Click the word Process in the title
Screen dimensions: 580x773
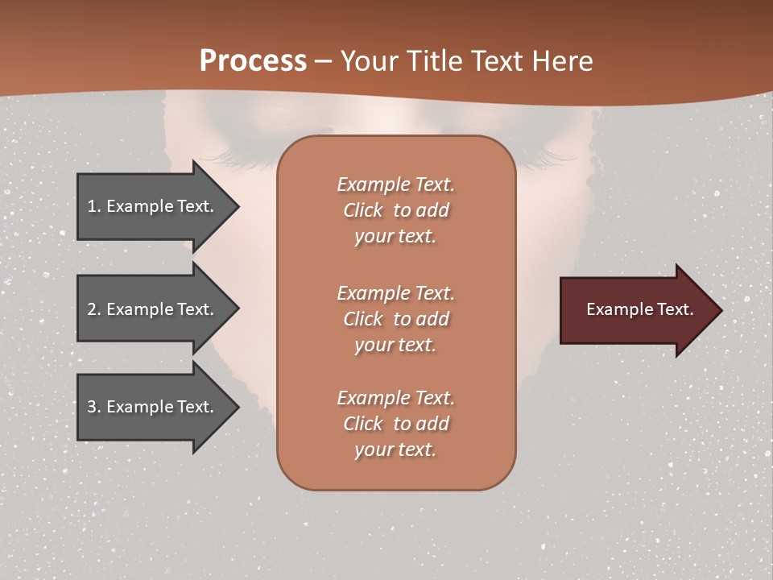(253, 60)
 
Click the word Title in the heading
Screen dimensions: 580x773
(432, 60)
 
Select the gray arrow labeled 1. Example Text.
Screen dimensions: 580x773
(153, 206)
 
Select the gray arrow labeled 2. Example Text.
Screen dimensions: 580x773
(153, 309)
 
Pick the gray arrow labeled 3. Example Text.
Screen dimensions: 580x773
(153, 407)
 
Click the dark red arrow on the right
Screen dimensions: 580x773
(636, 309)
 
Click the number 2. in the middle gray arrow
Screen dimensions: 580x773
(94, 309)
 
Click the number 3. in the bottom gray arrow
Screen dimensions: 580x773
(94, 407)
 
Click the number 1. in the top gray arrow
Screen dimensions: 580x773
(93, 206)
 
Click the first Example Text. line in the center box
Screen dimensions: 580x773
(395, 184)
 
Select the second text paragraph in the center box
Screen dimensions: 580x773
(395, 319)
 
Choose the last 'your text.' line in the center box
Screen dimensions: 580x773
(395, 450)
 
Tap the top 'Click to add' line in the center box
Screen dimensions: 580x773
(395, 210)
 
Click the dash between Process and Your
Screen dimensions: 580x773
(324, 61)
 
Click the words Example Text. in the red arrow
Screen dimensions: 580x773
(639, 309)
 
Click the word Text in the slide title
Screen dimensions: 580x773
(494, 60)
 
